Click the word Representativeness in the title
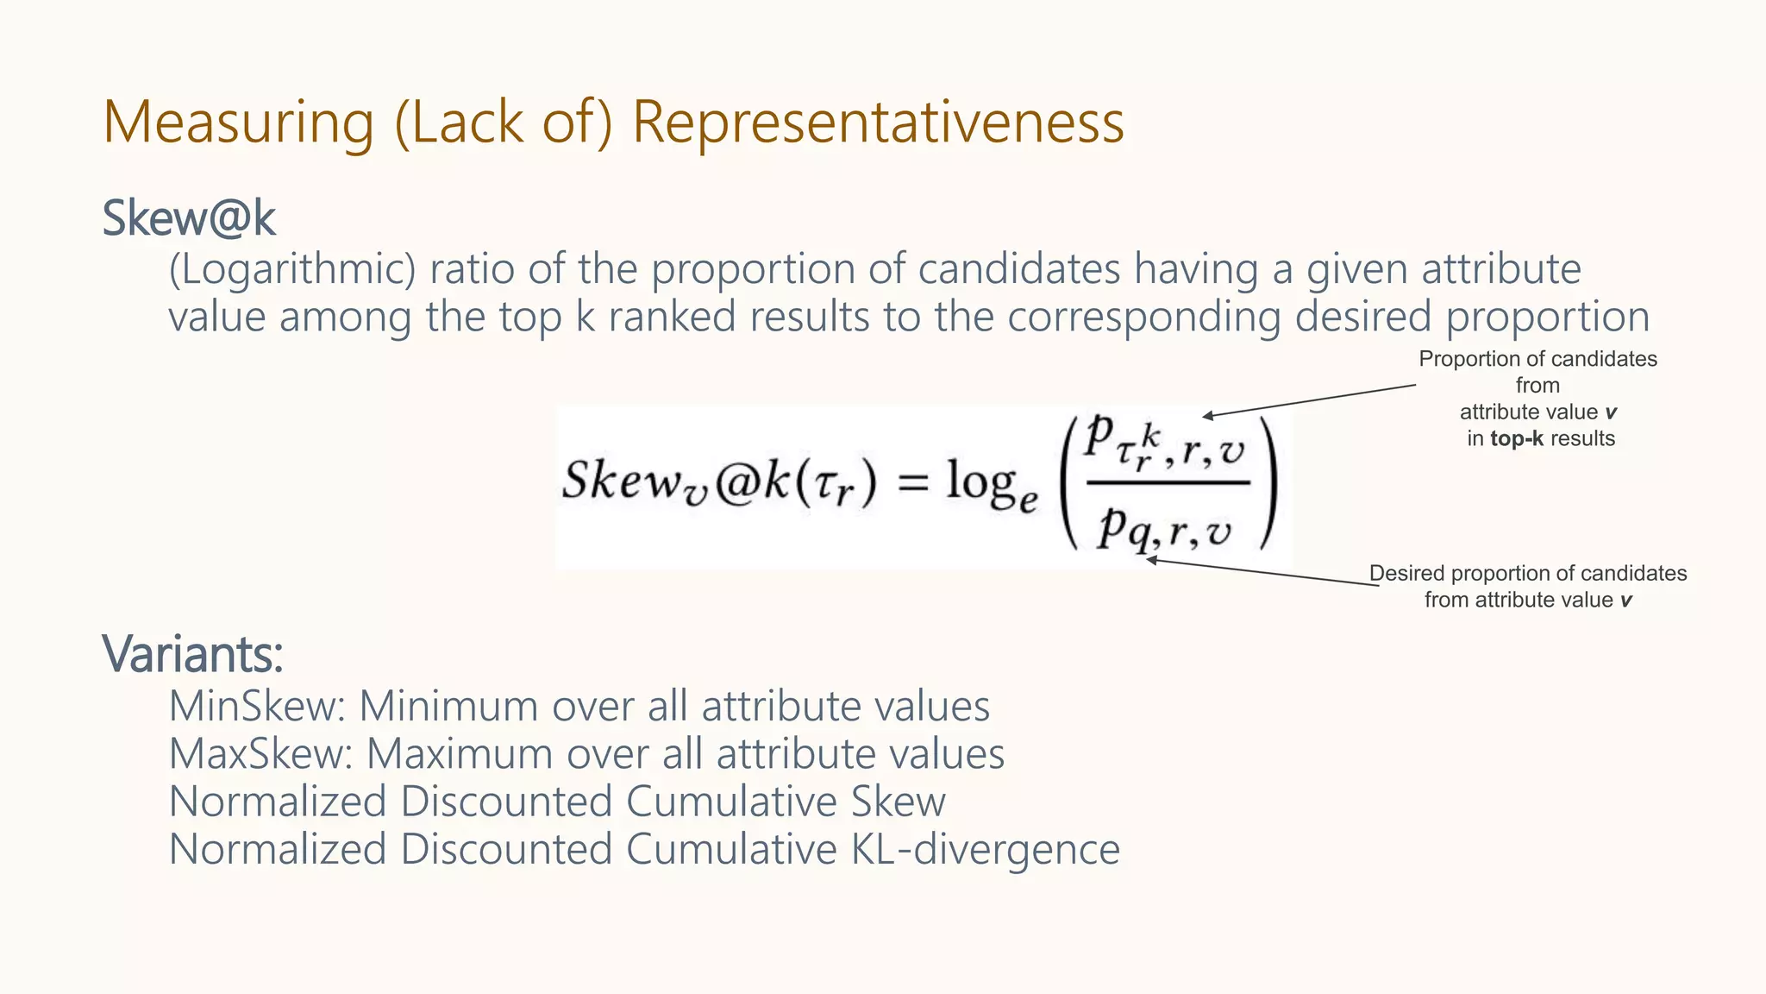pos(878,122)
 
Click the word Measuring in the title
pos(239,122)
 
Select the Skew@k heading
pos(189,218)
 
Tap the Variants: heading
pos(193,654)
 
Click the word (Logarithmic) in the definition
pos(292,269)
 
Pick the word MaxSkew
pos(260,753)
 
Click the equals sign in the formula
pos(913,483)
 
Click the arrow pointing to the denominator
pos(1262,573)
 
